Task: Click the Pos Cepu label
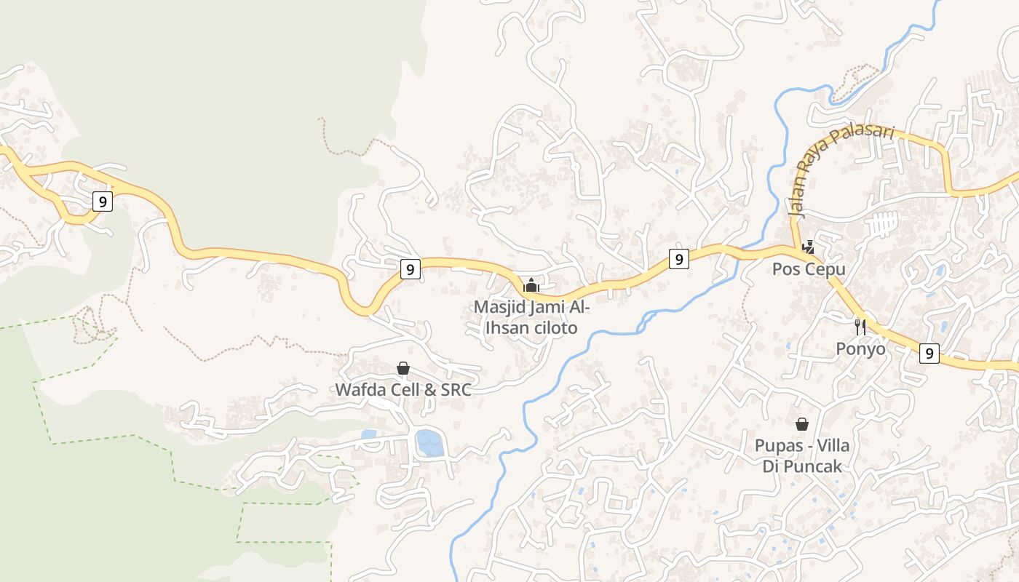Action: pyautogui.click(x=809, y=269)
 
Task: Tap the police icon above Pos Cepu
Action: pyautogui.click(x=808, y=247)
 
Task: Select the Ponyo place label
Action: pyautogui.click(x=860, y=348)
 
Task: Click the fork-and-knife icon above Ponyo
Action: pyautogui.click(x=860, y=326)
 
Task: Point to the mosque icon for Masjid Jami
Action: pyautogui.click(x=531, y=284)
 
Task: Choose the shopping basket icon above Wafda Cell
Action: pyautogui.click(x=403, y=368)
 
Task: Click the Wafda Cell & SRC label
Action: pyautogui.click(x=403, y=389)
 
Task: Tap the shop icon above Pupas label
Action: pyautogui.click(x=802, y=423)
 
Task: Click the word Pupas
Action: pyautogui.click(x=778, y=445)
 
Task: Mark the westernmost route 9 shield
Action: pyautogui.click(x=103, y=202)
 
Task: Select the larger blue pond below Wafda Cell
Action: pyautogui.click(x=429, y=442)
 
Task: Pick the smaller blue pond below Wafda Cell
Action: pyautogui.click(x=369, y=434)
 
